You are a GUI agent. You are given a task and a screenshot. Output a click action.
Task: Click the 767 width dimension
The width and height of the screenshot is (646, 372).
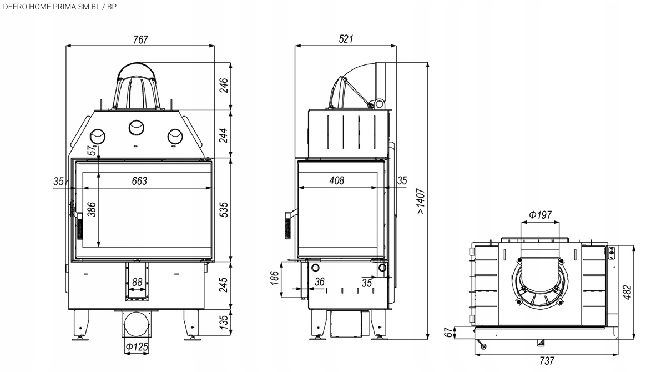tap(140, 40)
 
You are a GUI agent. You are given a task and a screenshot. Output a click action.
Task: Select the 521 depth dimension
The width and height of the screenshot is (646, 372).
tap(345, 39)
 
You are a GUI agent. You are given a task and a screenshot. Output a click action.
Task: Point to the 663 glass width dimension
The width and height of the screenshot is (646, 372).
tap(139, 181)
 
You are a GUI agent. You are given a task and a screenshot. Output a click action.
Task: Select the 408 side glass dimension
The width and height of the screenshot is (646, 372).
tap(336, 180)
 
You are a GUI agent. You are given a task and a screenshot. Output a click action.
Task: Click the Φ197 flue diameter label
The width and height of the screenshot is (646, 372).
tap(540, 215)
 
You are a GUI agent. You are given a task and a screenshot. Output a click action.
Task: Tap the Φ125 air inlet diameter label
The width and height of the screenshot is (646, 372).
tap(136, 348)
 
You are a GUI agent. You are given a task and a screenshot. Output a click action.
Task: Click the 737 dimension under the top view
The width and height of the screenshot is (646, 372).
tap(547, 361)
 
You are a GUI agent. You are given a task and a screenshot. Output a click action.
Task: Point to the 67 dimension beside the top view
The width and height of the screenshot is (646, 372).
tap(449, 333)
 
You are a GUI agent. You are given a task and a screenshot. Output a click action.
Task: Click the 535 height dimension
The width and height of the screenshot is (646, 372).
tap(224, 209)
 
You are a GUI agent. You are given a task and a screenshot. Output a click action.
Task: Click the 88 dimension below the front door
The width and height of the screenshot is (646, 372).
tap(137, 283)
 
